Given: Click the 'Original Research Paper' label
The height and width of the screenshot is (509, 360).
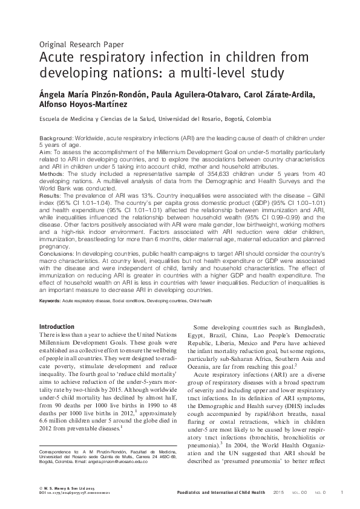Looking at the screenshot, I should point(81,44).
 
